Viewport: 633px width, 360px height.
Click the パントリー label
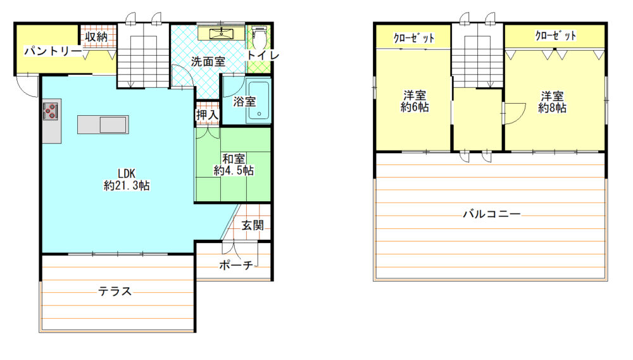[53, 51]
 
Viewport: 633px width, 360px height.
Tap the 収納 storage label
[96, 37]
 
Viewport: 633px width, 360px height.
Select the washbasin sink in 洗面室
[221, 34]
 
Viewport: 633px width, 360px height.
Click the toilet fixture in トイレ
[259, 37]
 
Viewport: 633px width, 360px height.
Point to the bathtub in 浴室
[258, 101]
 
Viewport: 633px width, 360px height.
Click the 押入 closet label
[207, 115]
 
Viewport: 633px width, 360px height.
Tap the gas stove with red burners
[51, 111]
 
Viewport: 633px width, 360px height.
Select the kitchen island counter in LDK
[103, 124]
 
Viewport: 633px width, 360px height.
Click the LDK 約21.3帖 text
[127, 179]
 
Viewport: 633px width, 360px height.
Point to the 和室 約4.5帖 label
[234, 164]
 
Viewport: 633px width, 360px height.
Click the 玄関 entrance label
[253, 225]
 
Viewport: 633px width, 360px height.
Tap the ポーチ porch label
[236, 264]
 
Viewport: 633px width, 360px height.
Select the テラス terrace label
[115, 291]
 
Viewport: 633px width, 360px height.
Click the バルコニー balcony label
[492, 213]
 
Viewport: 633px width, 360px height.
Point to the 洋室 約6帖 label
[415, 101]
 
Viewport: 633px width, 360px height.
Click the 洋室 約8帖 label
[552, 102]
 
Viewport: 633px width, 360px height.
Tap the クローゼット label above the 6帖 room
[414, 38]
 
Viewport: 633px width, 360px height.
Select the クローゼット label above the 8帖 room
[556, 35]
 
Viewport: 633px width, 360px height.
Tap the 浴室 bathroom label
[244, 101]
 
